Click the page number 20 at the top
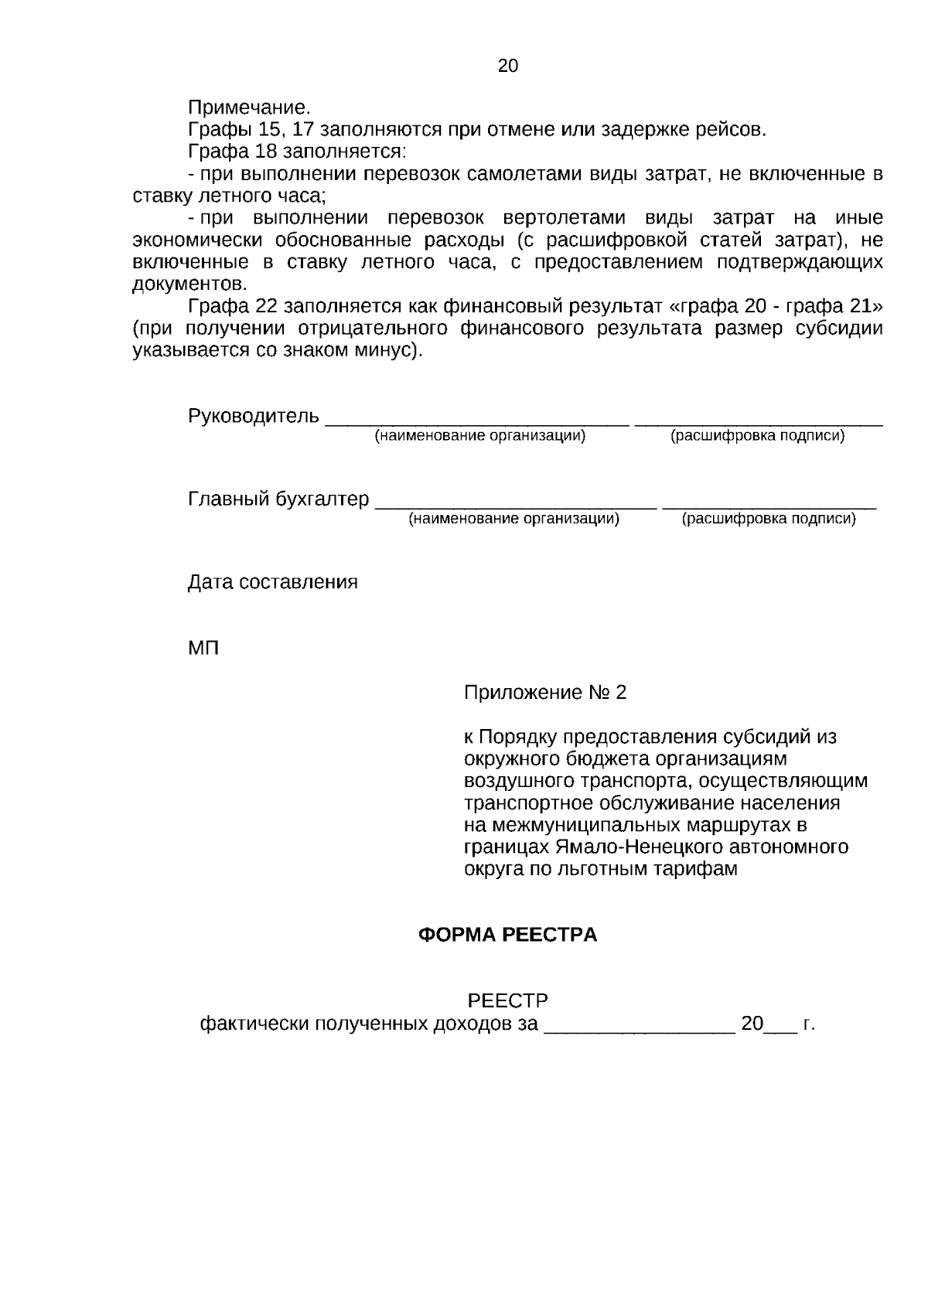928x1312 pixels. tap(508, 66)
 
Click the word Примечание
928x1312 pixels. tap(248, 107)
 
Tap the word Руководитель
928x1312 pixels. tap(253, 416)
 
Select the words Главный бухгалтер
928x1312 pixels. tap(278, 499)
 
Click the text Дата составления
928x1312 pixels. tap(272, 581)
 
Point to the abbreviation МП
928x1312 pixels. tap(203, 648)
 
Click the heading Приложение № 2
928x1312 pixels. tap(544, 692)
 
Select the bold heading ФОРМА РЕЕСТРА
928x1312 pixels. tap(507, 935)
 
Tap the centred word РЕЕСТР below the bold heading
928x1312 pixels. tap(508, 1001)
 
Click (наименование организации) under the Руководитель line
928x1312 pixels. tap(479, 436)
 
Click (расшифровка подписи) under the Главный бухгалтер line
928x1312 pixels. tap(768, 519)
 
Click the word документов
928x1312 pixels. tap(189, 284)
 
